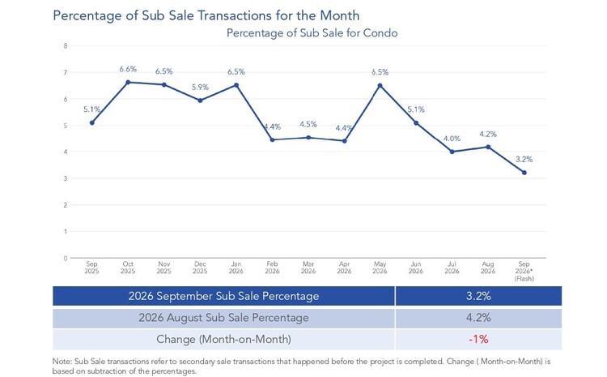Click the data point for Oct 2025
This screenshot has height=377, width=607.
pyautogui.click(x=128, y=82)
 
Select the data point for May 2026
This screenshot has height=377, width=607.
pyautogui.click(x=380, y=85)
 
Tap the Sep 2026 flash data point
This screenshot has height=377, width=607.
pyautogui.click(x=524, y=173)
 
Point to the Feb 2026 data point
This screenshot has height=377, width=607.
pyautogui.click(x=272, y=139)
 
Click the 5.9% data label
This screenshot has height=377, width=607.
pyautogui.click(x=200, y=88)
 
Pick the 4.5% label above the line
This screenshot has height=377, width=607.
pyautogui.click(x=308, y=124)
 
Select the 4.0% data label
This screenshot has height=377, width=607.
pyautogui.click(x=452, y=139)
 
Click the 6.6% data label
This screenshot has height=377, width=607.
pyautogui.click(x=128, y=69)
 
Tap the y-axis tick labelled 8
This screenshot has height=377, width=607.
pyautogui.click(x=66, y=45)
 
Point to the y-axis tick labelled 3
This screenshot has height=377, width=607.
pyautogui.click(x=66, y=178)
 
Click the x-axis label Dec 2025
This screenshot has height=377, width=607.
pyautogui.click(x=200, y=268)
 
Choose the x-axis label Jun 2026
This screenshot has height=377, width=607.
pyautogui.click(x=416, y=268)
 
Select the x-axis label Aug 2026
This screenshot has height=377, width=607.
pyautogui.click(x=488, y=268)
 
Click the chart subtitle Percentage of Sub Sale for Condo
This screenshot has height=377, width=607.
pyautogui.click(x=312, y=33)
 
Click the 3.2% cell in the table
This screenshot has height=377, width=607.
pyautogui.click(x=478, y=296)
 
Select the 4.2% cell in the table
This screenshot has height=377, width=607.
pyautogui.click(x=478, y=318)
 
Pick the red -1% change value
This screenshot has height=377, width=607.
pyautogui.click(x=478, y=340)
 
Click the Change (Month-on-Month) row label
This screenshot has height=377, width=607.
pyautogui.click(x=223, y=340)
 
